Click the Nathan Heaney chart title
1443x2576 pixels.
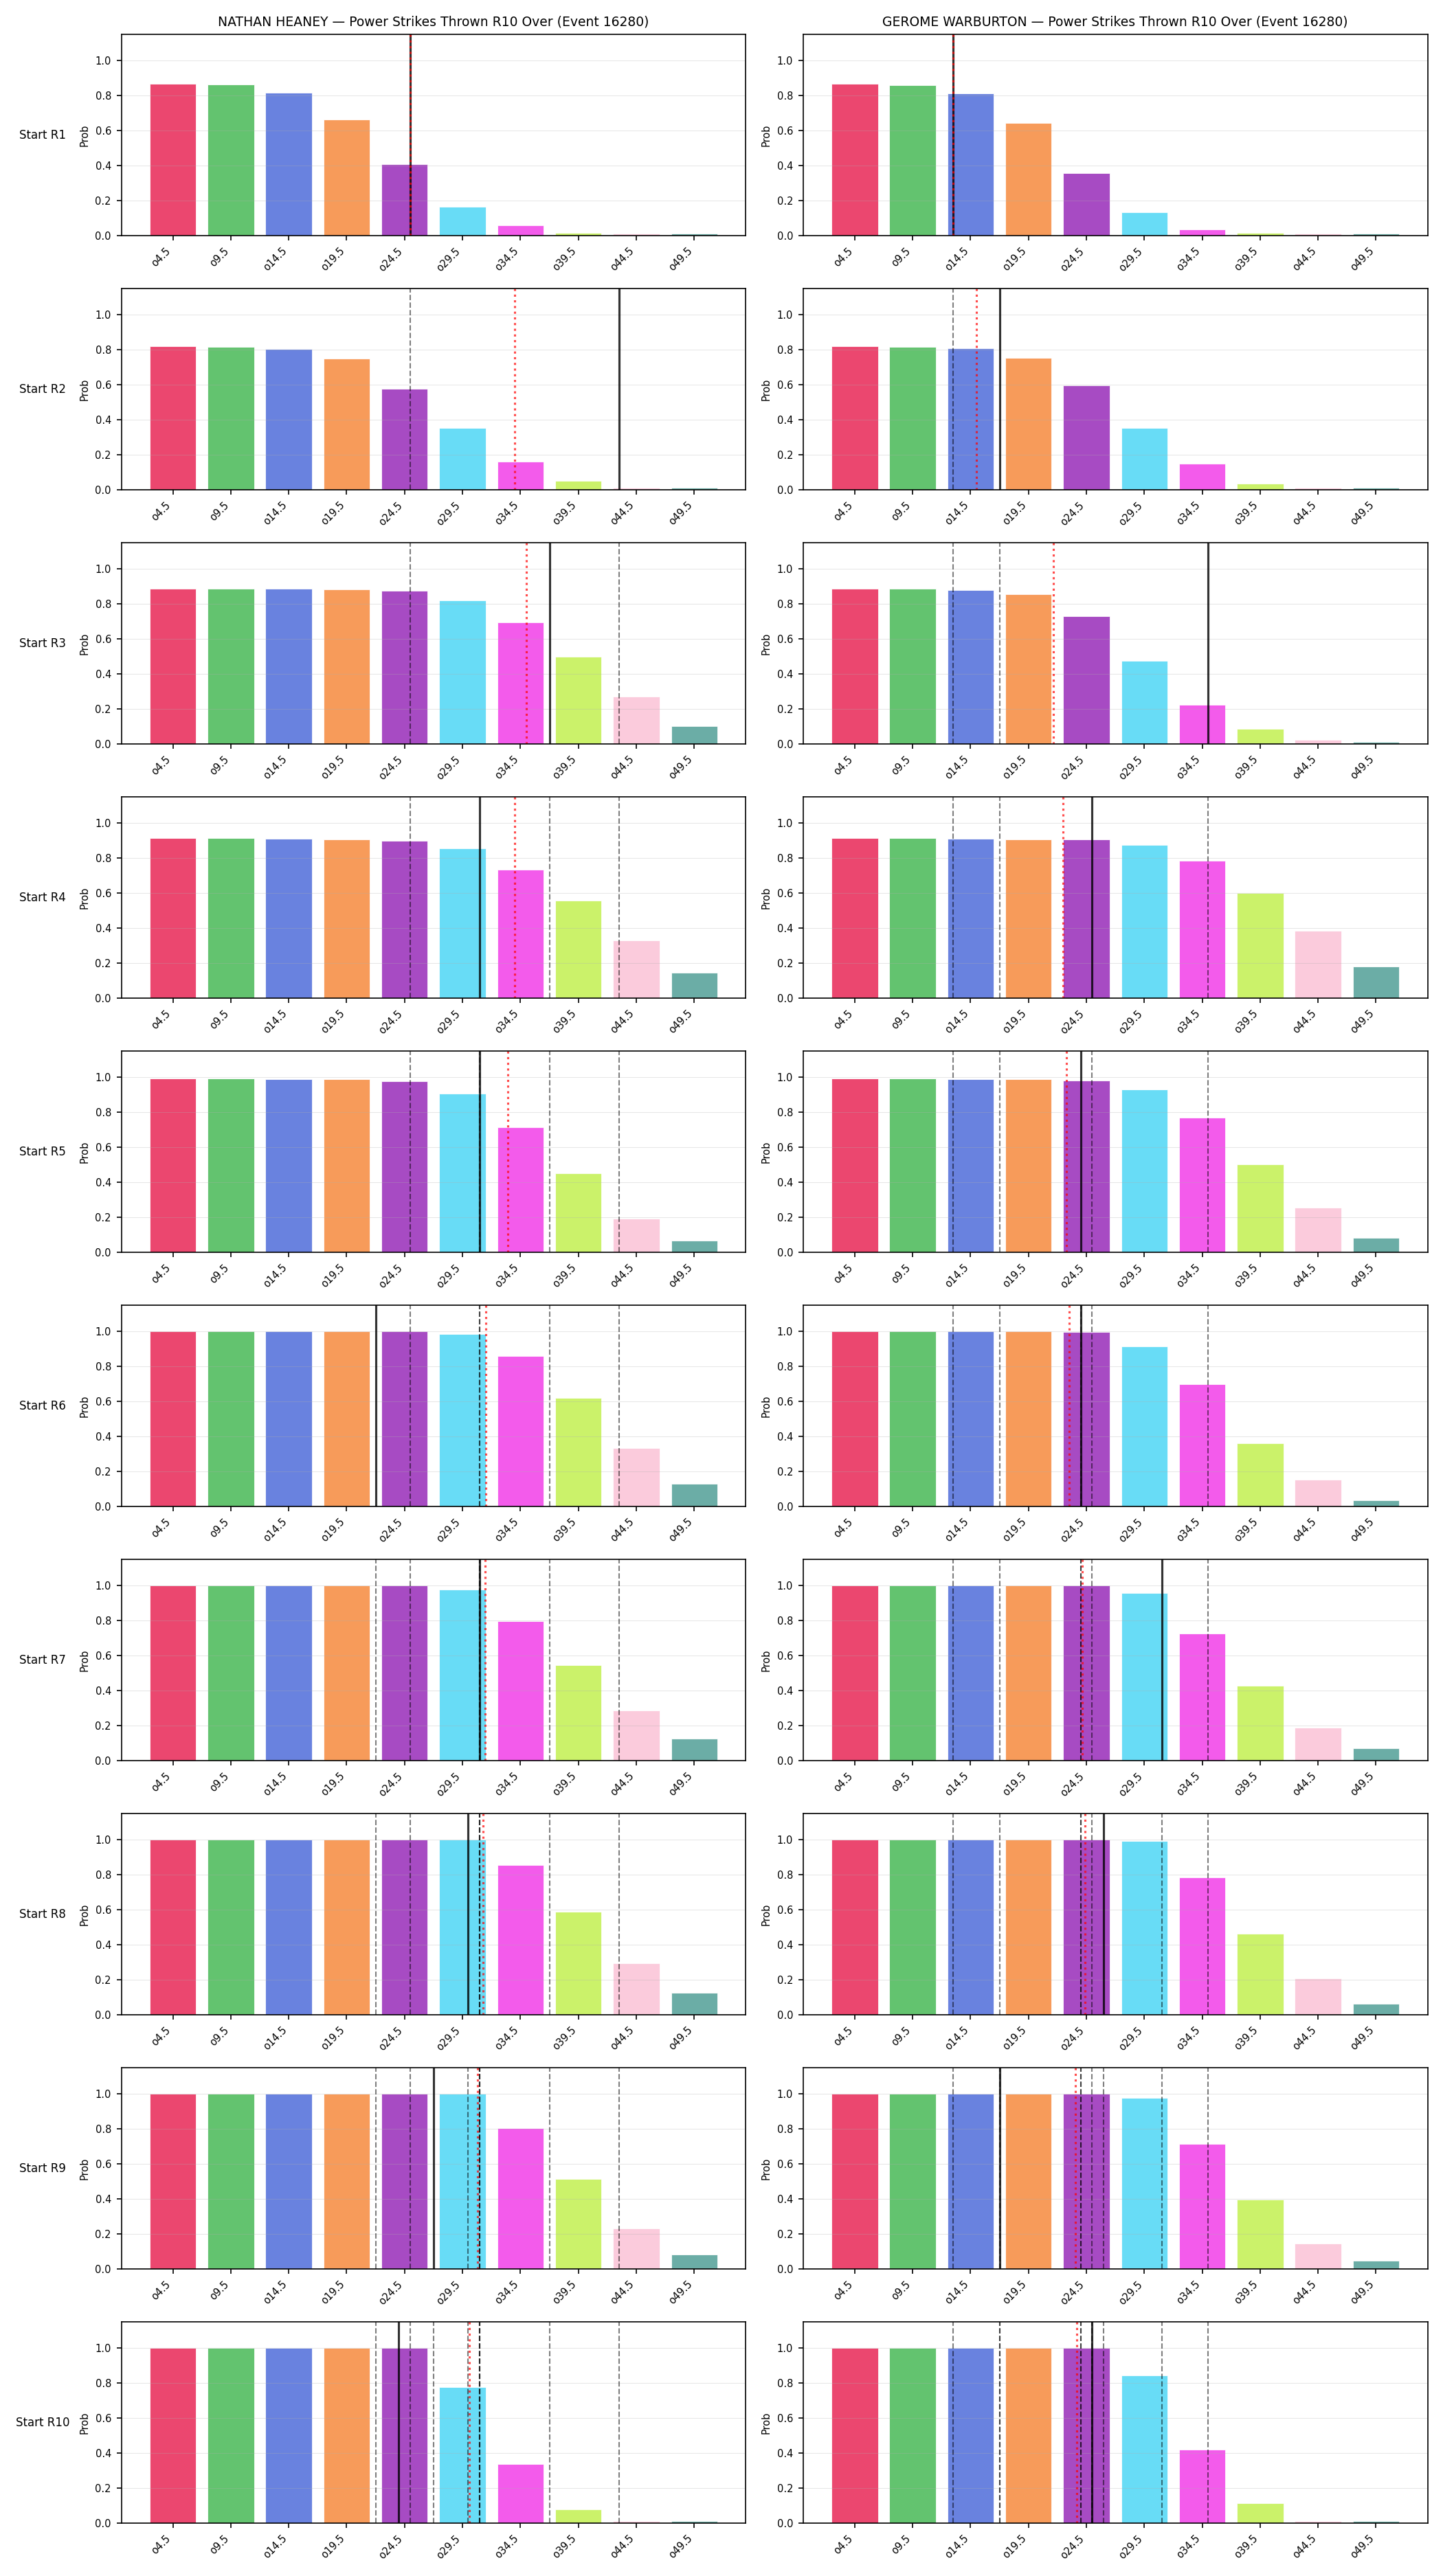[433, 21]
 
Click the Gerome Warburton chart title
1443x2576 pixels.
[1114, 21]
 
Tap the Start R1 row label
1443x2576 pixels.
[42, 135]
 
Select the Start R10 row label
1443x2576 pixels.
[42, 2422]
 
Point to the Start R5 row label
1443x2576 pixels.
[42, 1151]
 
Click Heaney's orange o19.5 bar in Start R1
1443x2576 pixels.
[346, 178]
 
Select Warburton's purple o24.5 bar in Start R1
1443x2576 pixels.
[1086, 205]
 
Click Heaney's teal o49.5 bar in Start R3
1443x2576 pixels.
[694, 735]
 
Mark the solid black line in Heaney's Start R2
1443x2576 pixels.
[619, 389]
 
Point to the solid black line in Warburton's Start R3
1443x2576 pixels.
[1208, 643]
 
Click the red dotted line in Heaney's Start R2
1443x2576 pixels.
[515, 389]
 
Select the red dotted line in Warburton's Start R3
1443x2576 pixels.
[1053, 643]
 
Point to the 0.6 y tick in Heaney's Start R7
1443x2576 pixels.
[103, 1656]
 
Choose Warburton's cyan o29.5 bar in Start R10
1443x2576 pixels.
[1144, 2450]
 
